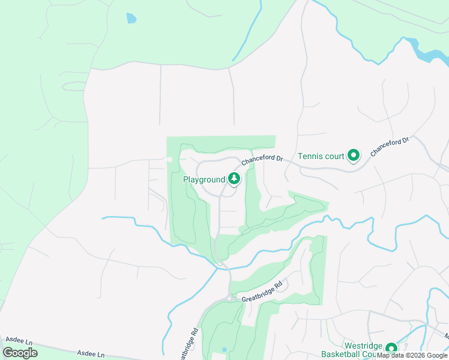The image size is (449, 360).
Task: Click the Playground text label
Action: (x=204, y=179)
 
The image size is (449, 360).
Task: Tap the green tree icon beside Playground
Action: (x=234, y=178)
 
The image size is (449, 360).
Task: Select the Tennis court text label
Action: (x=321, y=157)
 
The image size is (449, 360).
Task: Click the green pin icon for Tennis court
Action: (x=354, y=156)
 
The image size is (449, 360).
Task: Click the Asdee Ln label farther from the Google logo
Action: (x=92, y=354)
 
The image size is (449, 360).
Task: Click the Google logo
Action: (x=20, y=352)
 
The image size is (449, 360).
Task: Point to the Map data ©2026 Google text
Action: (x=412, y=355)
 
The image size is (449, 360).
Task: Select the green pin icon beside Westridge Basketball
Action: (x=391, y=349)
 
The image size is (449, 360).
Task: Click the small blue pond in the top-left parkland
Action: (x=131, y=18)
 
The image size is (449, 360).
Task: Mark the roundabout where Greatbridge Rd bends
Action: (x=229, y=298)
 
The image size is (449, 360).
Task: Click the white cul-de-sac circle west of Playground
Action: (x=169, y=160)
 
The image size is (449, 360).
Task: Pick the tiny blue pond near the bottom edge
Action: (x=224, y=349)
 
